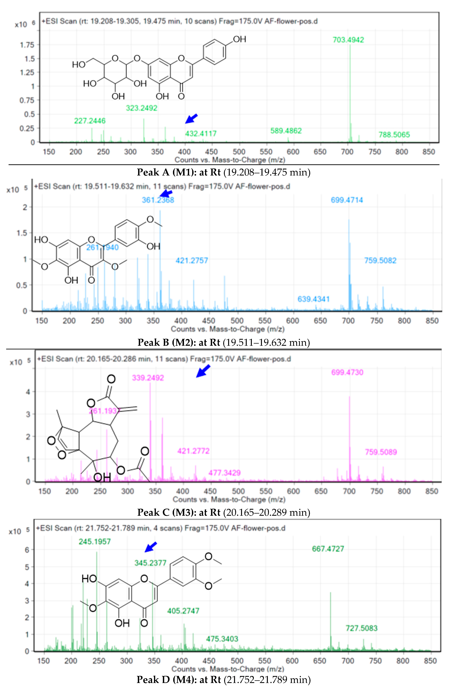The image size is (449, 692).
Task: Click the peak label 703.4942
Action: pos(348,40)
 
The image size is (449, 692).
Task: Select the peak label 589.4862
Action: pos(286,131)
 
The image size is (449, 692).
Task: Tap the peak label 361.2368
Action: pos(158,200)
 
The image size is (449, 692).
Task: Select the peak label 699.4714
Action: pos(347,200)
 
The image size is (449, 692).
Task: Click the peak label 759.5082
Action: pos(380,261)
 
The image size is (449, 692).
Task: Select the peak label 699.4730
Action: pos(347,373)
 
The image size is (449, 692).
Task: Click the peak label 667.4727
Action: pos(328,549)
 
